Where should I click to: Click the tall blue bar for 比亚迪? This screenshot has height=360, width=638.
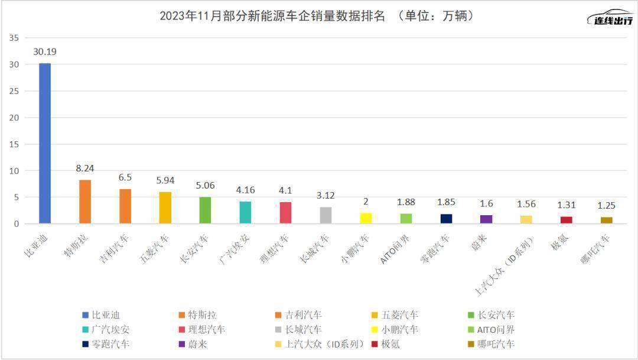pos(45,143)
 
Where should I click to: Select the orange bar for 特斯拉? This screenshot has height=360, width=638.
pos(85,202)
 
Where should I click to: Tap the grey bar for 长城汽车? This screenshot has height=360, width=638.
pos(325,215)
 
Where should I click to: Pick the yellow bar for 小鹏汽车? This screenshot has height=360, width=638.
pos(366,218)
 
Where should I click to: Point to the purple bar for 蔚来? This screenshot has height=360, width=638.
pos(486,219)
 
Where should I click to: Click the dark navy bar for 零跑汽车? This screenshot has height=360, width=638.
pos(446,219)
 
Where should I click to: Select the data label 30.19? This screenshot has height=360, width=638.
pos(45,51)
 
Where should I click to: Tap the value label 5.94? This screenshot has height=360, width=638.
pos(165,180)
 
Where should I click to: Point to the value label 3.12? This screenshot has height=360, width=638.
pos(325,195)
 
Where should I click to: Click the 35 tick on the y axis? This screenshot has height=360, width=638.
pos(14,38)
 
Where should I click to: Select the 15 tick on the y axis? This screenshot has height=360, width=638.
pos(14,144)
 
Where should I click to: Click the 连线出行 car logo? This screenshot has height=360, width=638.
pos(610,18)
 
